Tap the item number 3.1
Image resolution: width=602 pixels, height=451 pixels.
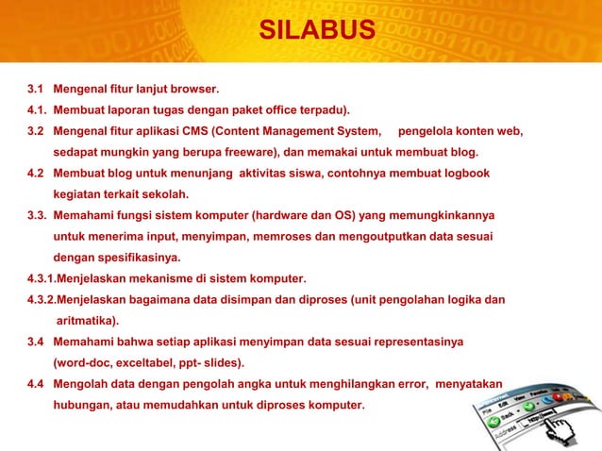click(x=37, y=92)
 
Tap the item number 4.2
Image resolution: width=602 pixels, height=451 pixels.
click(x=37, y=175)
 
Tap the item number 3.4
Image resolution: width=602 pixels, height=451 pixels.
click(x=37, y=342)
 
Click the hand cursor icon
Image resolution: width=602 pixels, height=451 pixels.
click(x=566, y=429)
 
